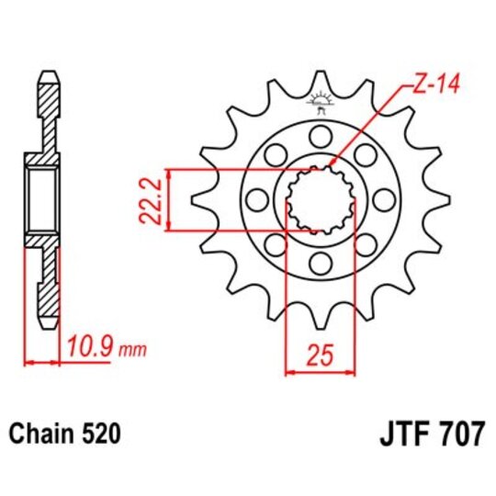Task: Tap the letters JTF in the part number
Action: (399, 433)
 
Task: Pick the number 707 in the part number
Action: (459, 433)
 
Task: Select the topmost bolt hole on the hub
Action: (321, 138)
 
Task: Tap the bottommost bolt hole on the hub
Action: (321, 264)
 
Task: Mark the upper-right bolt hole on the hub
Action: (366, 156)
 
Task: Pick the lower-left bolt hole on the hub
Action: (275, 245)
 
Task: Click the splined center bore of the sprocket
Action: (321, 200)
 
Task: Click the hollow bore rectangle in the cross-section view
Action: (42, 201)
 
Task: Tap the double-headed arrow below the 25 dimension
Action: (321, 372)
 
